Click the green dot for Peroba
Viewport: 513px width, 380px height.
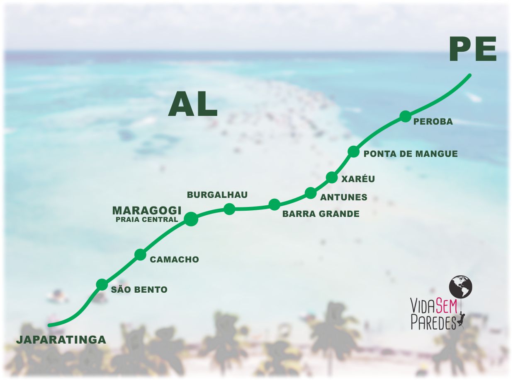click(x=405, y=116)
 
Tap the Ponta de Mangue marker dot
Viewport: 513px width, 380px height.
click(x=353, y=152)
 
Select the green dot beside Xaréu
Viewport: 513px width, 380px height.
click(x=332, y=178)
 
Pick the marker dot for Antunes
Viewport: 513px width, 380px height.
click(x=310, y=192)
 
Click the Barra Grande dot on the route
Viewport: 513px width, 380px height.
click(x=274, y=204)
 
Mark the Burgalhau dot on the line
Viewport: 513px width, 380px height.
click(x=229, y=209)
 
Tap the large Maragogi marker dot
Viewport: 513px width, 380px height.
click(x=190, y=219)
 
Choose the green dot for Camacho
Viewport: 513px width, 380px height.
click(x=141, y=255)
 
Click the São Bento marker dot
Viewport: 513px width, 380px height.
click(x=102, y=284)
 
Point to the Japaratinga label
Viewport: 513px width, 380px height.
click(x=61, y=340)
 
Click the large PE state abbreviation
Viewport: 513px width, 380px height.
click(x=473, y=50)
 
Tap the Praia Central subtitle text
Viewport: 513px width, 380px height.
click(x=147, y=220)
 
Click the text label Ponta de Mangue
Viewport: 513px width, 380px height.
click(x=411, y=154)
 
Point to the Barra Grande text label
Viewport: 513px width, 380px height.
click(x=321, y=214)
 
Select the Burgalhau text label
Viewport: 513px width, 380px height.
click(x=217, y=195)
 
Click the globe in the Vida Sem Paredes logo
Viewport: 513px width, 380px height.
click(x=461, y=286)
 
